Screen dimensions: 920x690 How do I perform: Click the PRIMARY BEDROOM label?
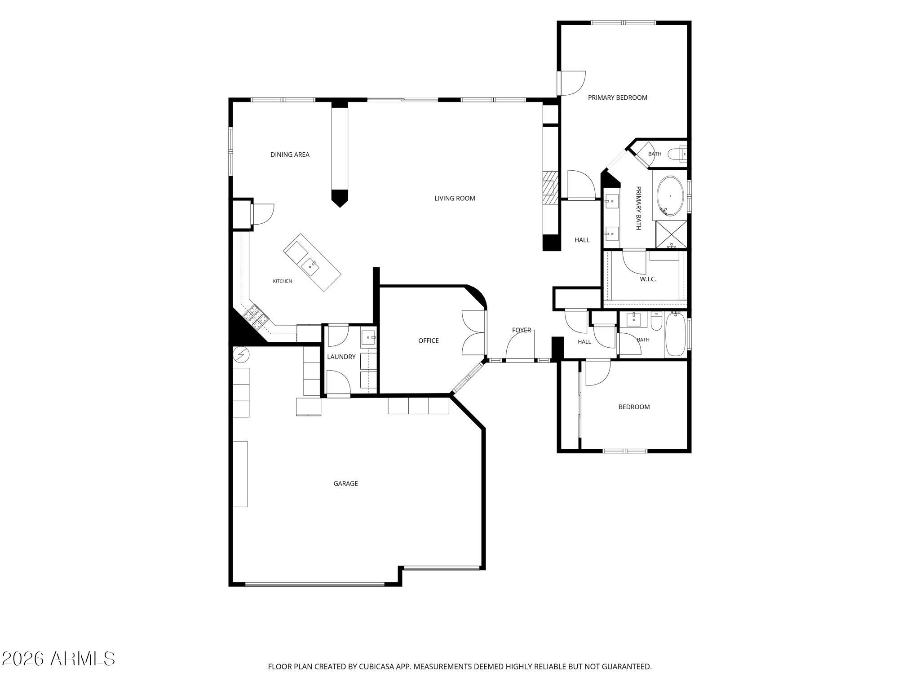click(618, 97)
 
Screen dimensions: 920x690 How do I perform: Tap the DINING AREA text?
click(290, 155)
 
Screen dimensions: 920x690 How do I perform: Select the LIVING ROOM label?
click(455, 198)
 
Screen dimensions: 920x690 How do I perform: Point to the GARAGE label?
click(345, 483)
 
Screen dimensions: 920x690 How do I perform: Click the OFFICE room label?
click(429, 341)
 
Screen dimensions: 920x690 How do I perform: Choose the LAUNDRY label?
click(341, 357)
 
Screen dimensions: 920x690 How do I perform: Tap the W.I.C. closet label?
click(648, 279)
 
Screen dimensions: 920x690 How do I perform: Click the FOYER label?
click(522, 330)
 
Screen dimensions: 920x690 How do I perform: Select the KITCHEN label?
click(283, 281)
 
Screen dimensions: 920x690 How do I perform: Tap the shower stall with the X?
click(671, 234)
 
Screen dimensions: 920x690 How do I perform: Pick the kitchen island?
click(312, 262)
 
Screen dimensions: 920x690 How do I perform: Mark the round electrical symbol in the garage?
click(241, 355)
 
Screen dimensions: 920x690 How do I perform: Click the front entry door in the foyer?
click(520, 359)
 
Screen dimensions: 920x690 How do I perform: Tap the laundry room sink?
click(369, 337)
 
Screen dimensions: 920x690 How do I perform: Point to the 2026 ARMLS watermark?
click(58, 659)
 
